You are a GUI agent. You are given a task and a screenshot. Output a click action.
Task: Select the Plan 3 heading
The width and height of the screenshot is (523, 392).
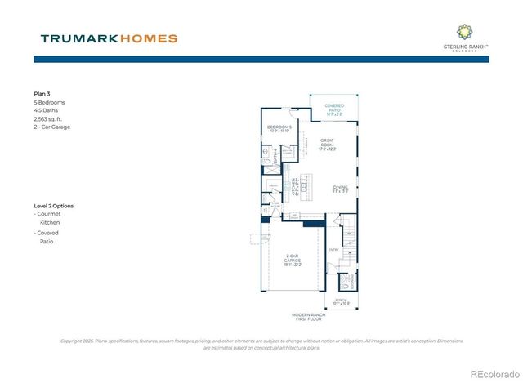42,95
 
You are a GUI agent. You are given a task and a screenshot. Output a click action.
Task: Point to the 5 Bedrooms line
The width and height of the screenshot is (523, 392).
49,103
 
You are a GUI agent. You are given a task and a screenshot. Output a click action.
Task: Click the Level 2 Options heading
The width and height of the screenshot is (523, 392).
54,206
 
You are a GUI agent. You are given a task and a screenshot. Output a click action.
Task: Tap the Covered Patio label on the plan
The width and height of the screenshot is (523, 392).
333,108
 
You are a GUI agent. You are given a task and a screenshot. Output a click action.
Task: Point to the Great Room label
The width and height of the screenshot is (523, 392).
328,144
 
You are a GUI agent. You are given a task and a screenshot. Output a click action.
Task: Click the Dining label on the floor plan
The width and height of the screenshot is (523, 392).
341,189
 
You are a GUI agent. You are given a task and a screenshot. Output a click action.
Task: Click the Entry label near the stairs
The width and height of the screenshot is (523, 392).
333,250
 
